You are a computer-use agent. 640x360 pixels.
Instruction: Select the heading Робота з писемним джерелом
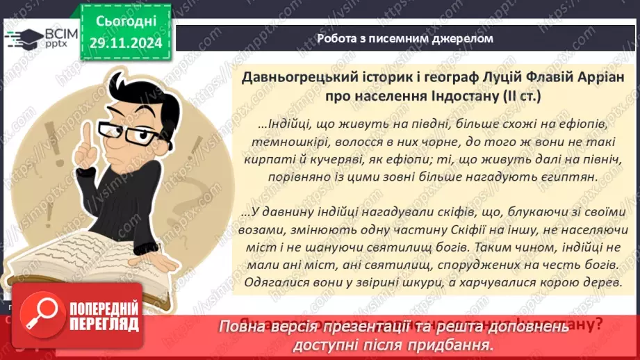[x=404, y=39]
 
